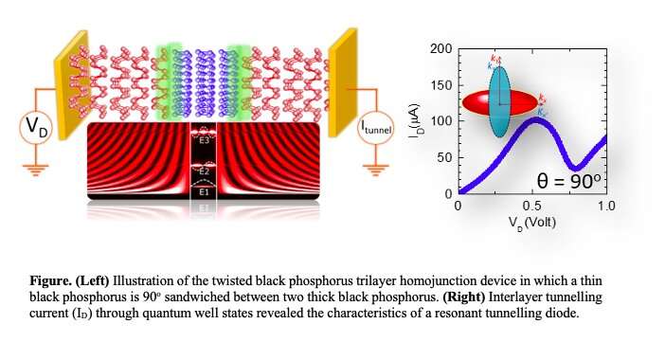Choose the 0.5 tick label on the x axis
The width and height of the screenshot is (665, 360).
click(531, 206)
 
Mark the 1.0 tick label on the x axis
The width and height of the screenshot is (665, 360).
click(605, 206)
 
